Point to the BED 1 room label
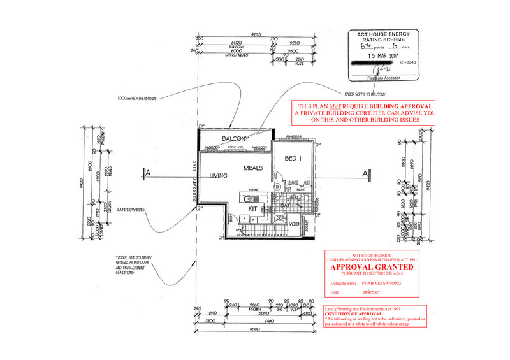pos(293,159)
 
